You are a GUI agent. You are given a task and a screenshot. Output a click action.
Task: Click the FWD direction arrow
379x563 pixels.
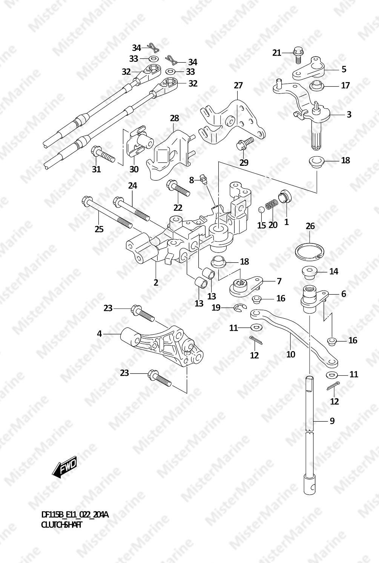pos(64,467)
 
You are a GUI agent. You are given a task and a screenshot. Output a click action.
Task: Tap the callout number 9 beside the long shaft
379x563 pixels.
pos(332,421)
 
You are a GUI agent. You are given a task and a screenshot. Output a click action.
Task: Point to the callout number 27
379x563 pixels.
pos(238,86)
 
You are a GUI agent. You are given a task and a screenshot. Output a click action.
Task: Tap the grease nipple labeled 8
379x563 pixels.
pos(204,179)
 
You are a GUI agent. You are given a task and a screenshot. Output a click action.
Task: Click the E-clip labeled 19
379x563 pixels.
pos(240,308)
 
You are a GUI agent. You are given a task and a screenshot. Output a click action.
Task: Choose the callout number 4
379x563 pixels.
pos(99,334)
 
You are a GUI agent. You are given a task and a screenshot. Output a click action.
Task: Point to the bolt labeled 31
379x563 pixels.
pos(103,154)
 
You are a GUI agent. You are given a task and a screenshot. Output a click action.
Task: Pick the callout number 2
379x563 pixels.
pos(156,282)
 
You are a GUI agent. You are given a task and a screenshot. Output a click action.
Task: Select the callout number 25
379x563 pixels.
pos(99,229)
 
